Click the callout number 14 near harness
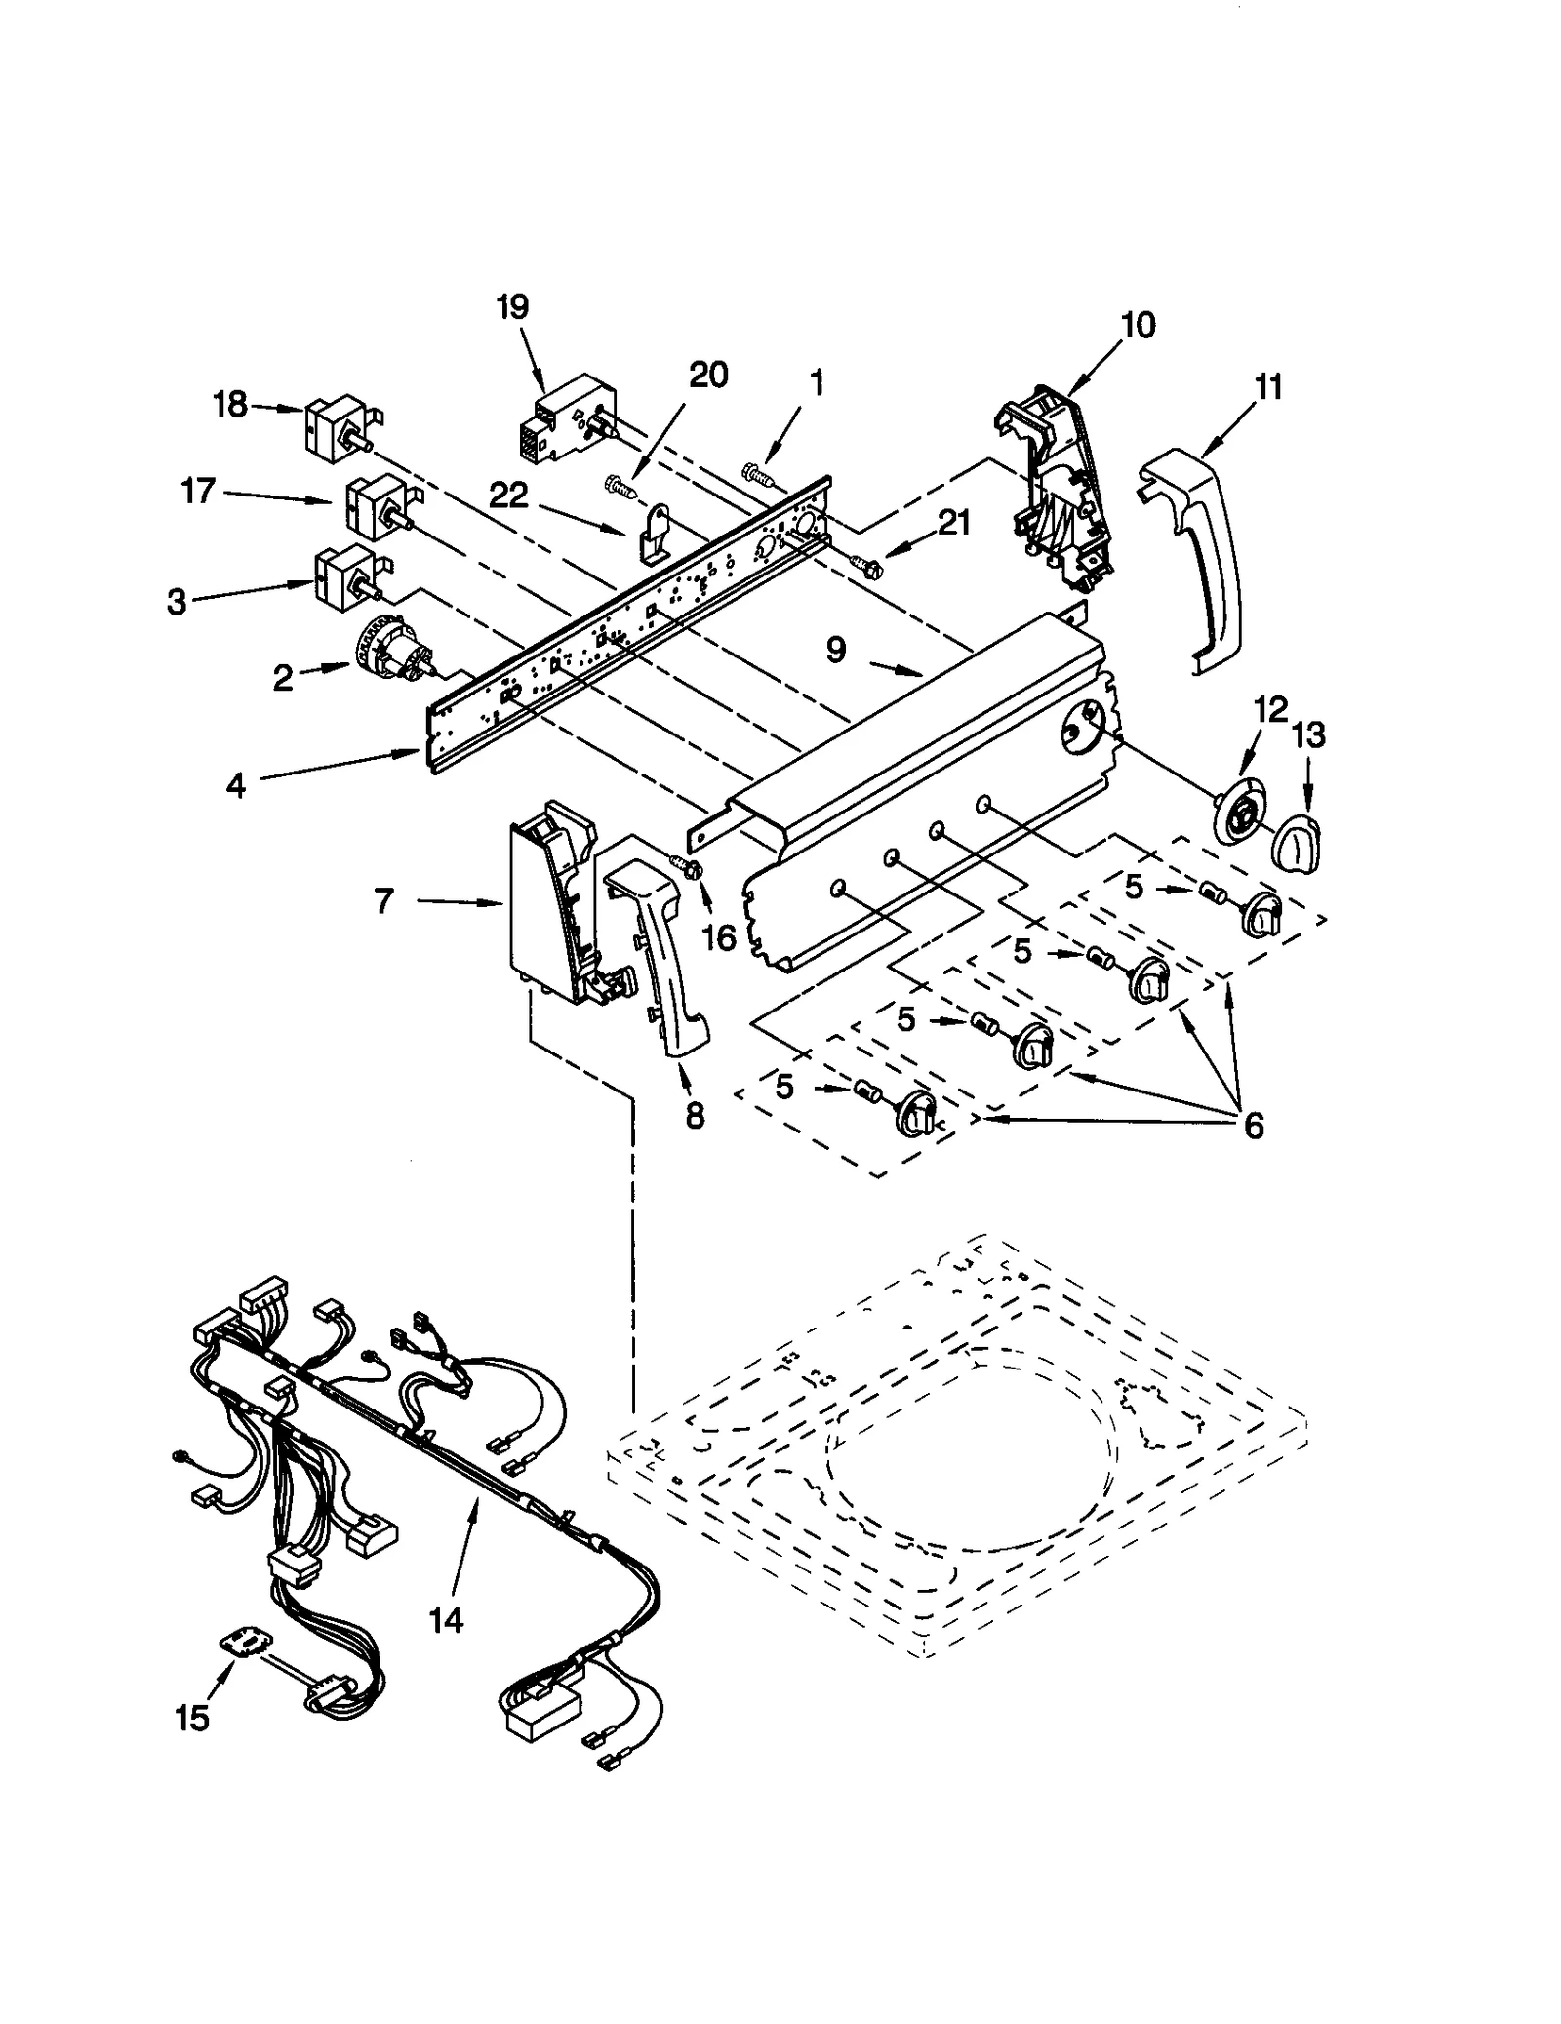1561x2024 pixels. (446, 1620)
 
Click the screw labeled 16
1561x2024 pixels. (688, 865)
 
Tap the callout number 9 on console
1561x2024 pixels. (836, 651)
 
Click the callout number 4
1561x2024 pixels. (235, 785)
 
